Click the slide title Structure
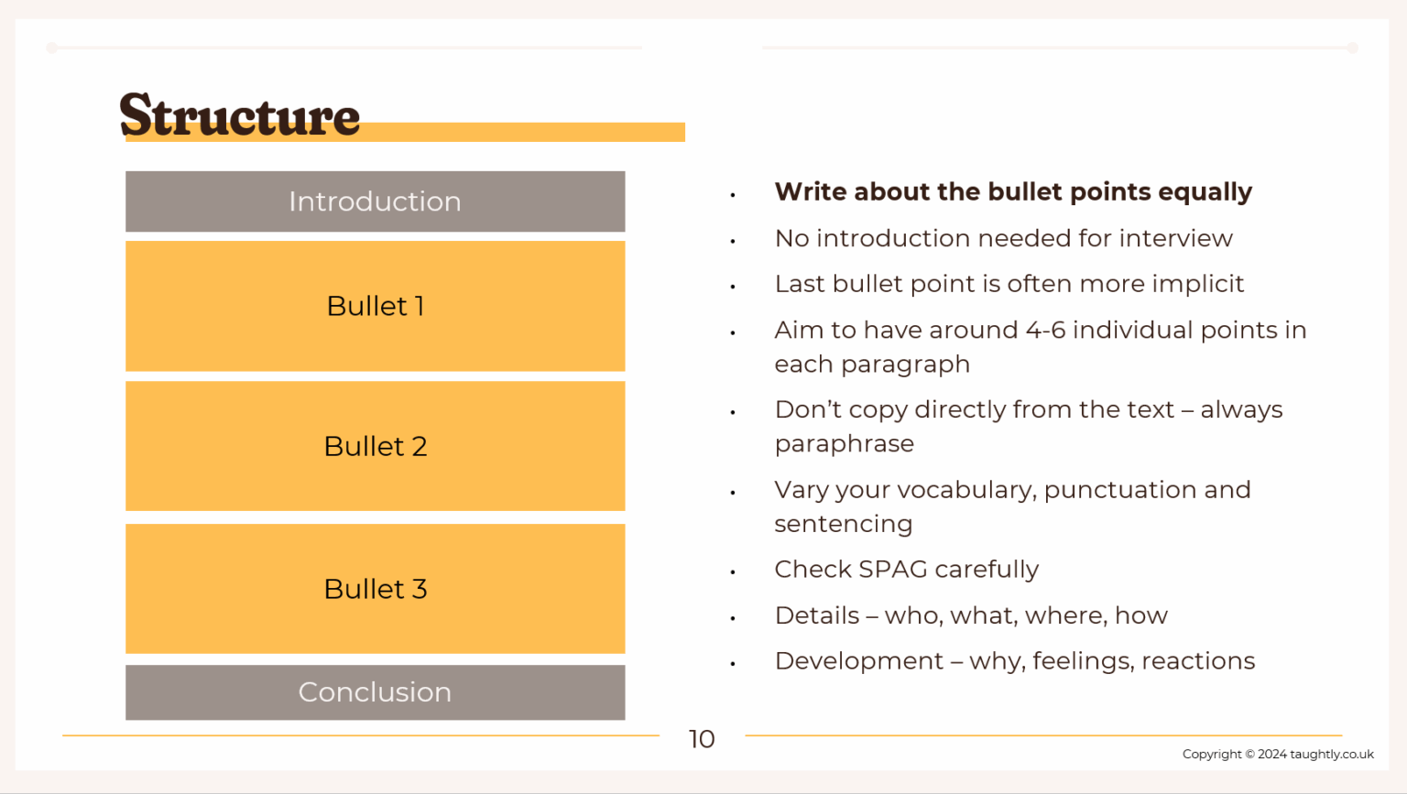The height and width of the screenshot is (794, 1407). [x=240, y=115]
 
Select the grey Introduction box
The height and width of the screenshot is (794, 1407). [x=375, y=201]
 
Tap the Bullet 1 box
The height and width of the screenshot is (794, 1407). [x=375, y=306]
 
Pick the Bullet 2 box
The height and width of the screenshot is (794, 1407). [x=375, y=446]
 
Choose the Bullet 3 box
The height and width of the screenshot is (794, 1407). [x=375, y=589]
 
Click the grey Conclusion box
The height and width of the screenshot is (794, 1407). [x=375, y=692]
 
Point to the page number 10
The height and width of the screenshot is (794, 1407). [x=702, y=739]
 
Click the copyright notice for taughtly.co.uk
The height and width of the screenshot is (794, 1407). [x=1278, y=754]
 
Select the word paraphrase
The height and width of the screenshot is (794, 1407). [x=844, y=444]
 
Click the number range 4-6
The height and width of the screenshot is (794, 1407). [x=1045, y=330]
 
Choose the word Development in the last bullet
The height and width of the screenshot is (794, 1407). [x=858, y=661]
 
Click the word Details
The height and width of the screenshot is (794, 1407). [x=817, y=615]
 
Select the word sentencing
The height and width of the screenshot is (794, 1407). [x=843, y=524]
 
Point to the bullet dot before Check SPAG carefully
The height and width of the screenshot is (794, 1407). [x=733, y=572]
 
